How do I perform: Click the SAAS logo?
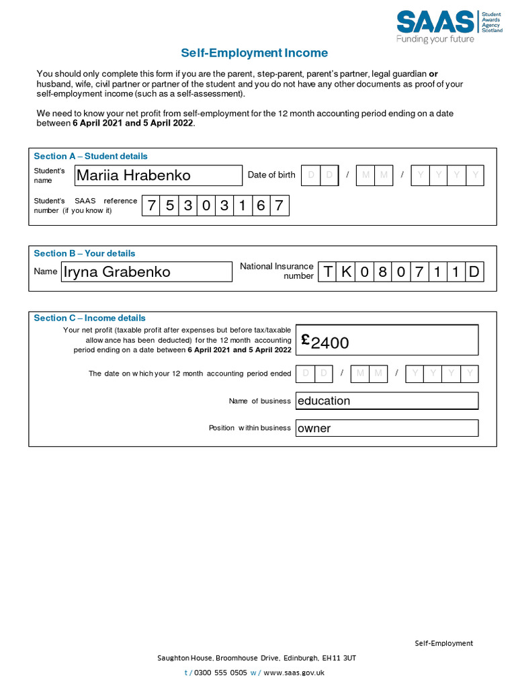tap(448, 26)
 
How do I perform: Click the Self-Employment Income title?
tap(254, 53)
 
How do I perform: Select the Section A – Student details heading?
tap(91, 156)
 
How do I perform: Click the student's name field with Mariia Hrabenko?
tap(158, 175)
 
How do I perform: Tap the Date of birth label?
tap(271, 175)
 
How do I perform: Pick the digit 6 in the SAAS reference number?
tap(261, 206)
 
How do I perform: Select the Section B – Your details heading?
tap(85, 253)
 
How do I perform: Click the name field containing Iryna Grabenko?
tap(146, 272)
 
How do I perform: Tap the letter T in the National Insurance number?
tap(327, 272)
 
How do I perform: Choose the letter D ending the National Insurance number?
tap(474, 272)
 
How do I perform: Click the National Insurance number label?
tap(277, 271)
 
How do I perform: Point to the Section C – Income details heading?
tap(89, 318)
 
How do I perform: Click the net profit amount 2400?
tap(330, 343)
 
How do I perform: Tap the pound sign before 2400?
tap(305, 340)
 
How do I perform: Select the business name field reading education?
tap(386, 401)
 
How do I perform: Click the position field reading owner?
tap(386, 428)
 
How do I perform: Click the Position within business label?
tap(249, 428)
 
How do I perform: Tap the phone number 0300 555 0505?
tap(220, 672)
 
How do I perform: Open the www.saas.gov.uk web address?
tap(294, 672)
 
